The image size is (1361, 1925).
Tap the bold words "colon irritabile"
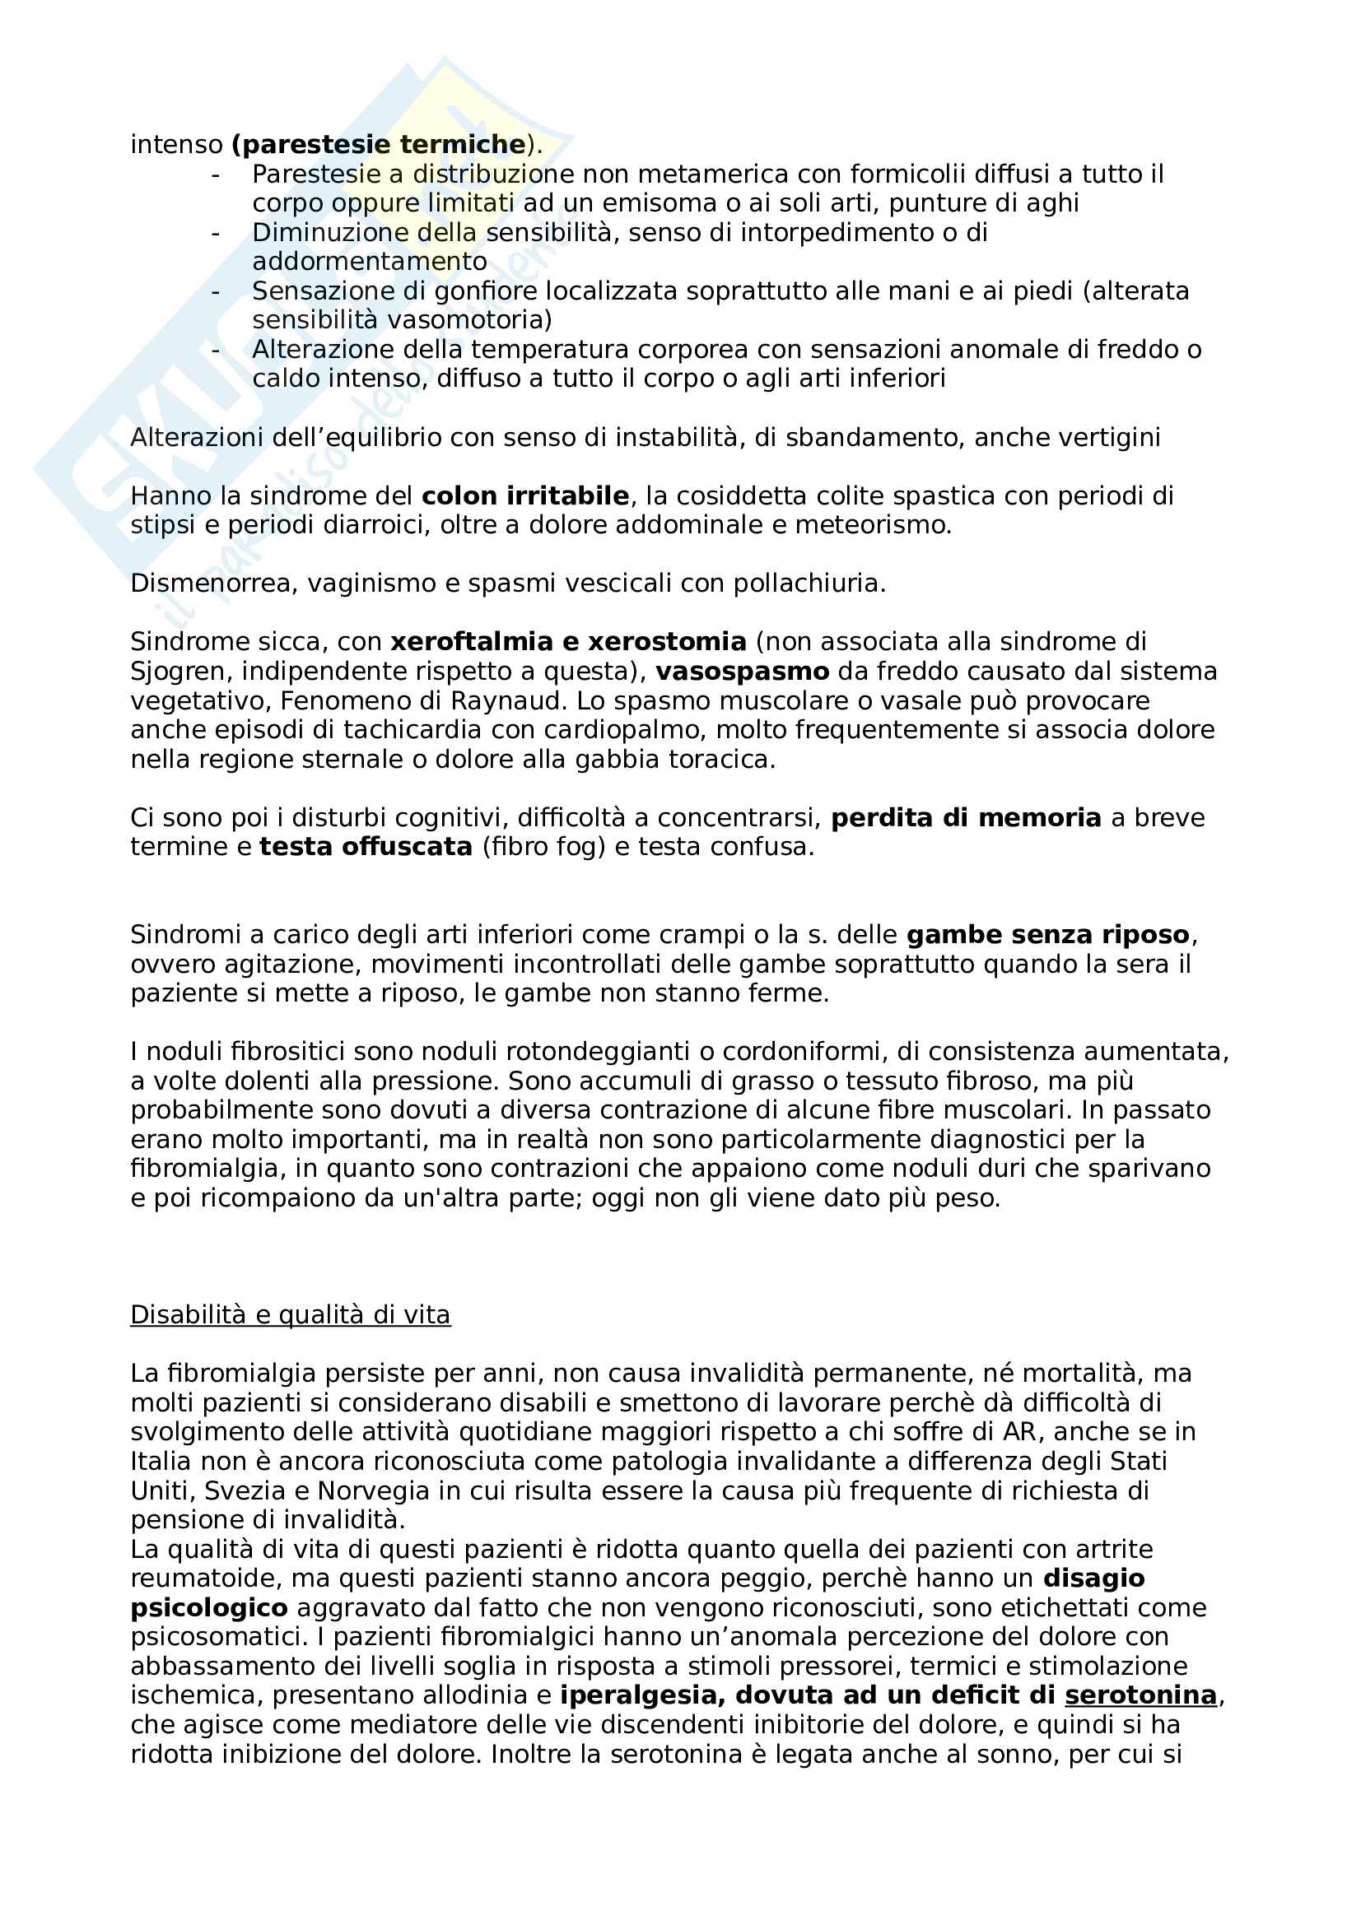click(525, 496)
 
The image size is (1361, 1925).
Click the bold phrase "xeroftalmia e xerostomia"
click(568, 642)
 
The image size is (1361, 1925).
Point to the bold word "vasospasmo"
click(742, 672)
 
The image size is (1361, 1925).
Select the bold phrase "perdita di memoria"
click(965, 818)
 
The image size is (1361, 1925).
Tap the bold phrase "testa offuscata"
click(366, 847)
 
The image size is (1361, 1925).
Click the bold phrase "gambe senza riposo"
click(1048, 935)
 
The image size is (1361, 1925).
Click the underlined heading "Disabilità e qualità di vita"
click(290, 1314)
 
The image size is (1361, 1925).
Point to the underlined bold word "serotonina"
click(1140, 1695)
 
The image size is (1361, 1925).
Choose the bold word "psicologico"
click(209, 1607)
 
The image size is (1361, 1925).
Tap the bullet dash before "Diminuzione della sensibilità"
click(216, 232)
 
